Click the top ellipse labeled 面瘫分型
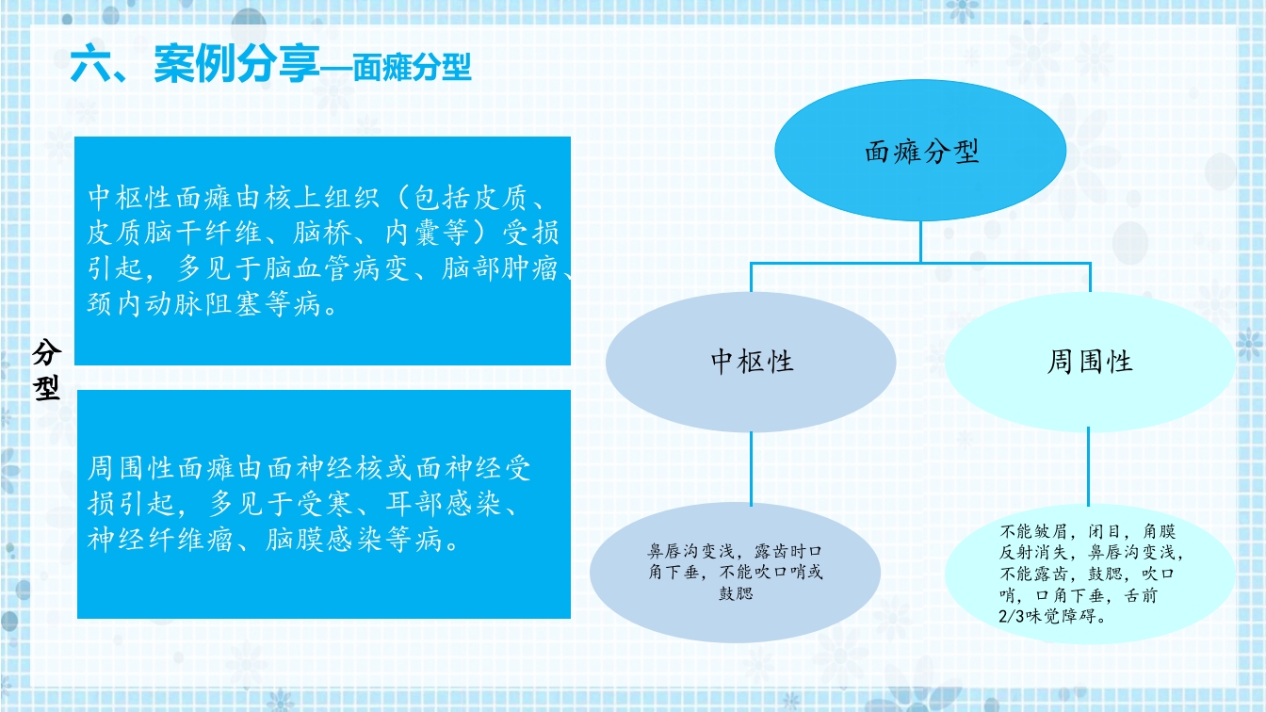pyautogui.click(x=920, y=152)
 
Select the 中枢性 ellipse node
pyautogui.click(x=751, y=362)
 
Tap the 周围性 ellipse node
pyautogui.click(x=1089, y=362)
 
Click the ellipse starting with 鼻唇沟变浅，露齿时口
pyautogui.click(x=735, y=572)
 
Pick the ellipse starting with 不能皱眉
pyautogui.click(x=1089, y=573)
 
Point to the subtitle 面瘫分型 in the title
pyautogui.click(x=412, y=68)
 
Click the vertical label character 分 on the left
pyautogui.click(x=47, y=353)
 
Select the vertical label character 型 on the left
pyautogui.click(x=47, y=387)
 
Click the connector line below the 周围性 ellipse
pyautogui.click(x=1089, y=466)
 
